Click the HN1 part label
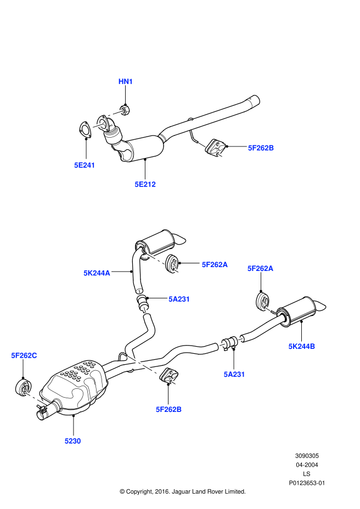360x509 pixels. coord(126,82)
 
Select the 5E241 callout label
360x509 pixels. coord(85,165)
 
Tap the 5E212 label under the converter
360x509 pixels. coord(145,184)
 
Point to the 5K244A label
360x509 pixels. coord(97,272)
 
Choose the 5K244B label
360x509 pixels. coord(302,346)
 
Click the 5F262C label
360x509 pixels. coord(24,355)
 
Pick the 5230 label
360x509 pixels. coord(72,440)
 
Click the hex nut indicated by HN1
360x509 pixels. coord(125,109)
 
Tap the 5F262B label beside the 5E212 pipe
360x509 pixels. coord(261,148)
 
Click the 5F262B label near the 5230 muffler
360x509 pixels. coord(168,409)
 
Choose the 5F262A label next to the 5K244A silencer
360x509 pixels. coord(215,264)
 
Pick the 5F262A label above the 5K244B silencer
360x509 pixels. coord(260,268)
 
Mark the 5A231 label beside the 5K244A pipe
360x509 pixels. coord(179,299)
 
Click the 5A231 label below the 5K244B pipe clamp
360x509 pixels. coord(234,374)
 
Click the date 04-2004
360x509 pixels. coord(307,465)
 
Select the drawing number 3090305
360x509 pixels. coord(307,456)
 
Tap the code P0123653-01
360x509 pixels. coord(307,483)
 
